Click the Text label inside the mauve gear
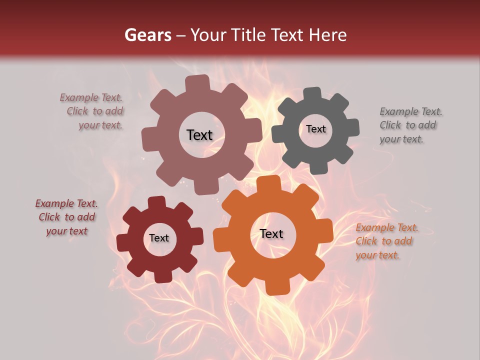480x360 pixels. tap(199, 135)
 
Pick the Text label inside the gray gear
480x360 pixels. tap(315, 129)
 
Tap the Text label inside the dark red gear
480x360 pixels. tap(159, 238)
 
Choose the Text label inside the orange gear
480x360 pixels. tap(271, 233)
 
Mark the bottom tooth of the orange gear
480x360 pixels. tap(273, 287)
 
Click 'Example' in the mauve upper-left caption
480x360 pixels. tap(79, 97)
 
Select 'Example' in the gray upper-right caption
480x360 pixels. tap(399, 111)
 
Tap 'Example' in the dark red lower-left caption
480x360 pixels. tap(54, 203)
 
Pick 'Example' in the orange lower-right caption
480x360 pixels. tap(375, 228)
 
